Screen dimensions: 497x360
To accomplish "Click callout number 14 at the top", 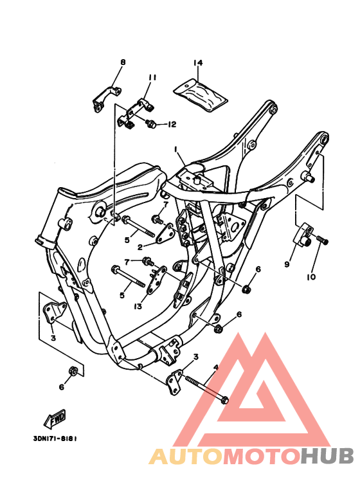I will [x=198, y=63].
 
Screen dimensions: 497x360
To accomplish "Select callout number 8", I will [x=123, y=62].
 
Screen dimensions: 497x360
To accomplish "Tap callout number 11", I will [x=152, y=78].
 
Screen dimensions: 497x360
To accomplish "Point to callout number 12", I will [x=172, y=124].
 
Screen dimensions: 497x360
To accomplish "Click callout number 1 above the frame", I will [x=174, y=149].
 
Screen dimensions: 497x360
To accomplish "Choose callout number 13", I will [x=138, y=307].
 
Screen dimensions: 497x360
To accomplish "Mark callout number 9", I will [x=287, y=264].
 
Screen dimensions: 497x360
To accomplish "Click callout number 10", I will [x=311, y=278].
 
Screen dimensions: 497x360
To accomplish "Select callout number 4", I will [x=216, y=367].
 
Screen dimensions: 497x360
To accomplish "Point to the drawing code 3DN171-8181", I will [x=55, y=439].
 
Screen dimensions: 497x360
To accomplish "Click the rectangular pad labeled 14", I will [x=202, y=93].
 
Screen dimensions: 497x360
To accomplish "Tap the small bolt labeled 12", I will [x=152, y=123].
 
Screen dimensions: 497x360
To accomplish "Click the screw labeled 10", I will [x=323, y=240].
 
